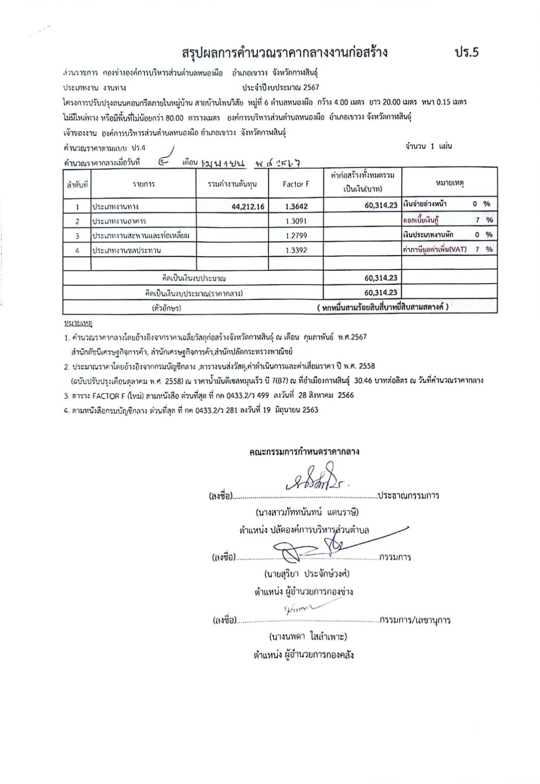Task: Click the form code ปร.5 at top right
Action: point(467,52)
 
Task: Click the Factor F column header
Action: point(296,184)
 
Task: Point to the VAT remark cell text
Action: point(434,249)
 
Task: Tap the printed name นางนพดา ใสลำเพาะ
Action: point(308,636)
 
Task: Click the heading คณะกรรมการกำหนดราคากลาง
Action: point(304,451)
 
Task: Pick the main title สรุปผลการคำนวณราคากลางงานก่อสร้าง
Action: point(285,52)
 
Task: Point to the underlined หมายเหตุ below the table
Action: point(74,323)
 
